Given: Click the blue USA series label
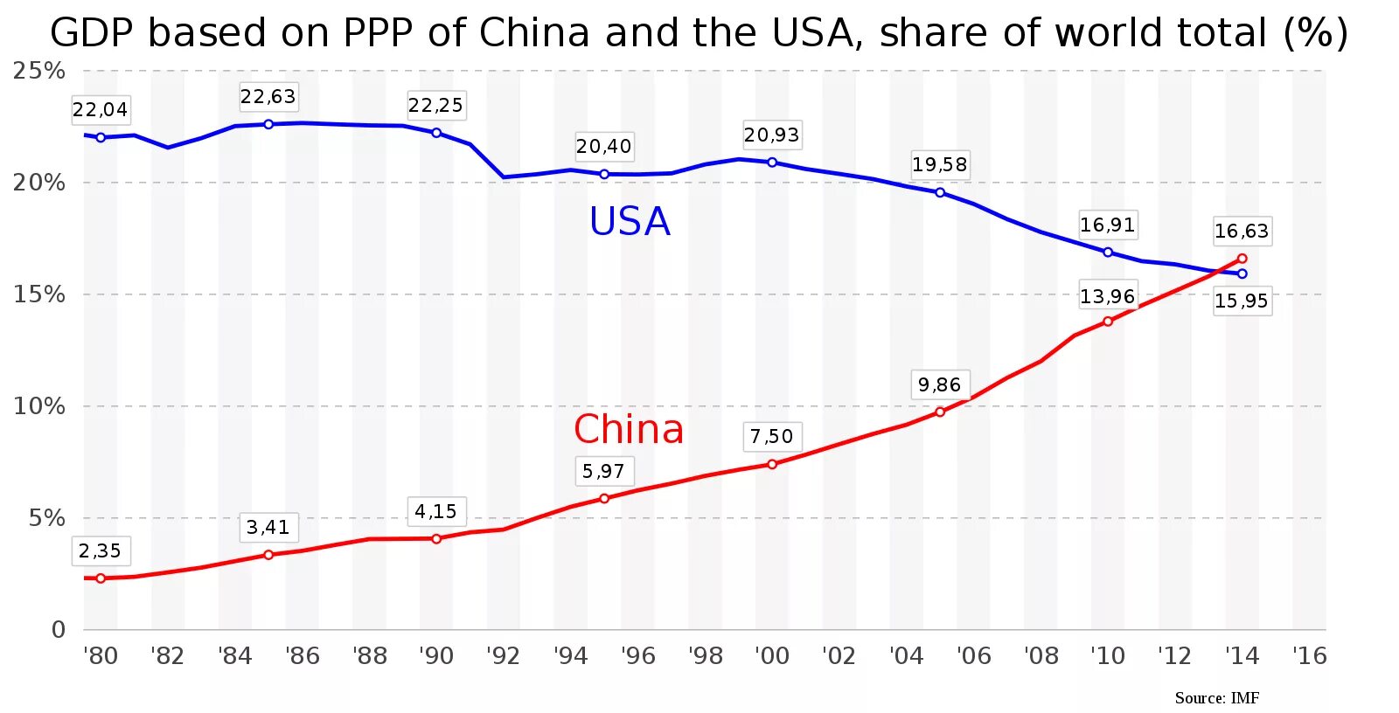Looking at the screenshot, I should click(630, 221).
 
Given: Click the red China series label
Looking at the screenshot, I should click(629, 429).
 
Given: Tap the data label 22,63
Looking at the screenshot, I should click(268, 96).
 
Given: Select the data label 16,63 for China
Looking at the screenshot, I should click(1241, 231).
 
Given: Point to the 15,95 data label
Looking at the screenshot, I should click(1241, 301).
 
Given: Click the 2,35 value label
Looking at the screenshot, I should click(101, 550).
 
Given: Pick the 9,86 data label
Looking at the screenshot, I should click(939, 384).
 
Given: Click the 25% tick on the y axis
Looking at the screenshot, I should click(39, 71).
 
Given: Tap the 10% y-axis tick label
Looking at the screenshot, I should click(39, 406).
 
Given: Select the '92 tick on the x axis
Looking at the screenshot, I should click(504, 655).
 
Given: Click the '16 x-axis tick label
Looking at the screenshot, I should click(1309, 655).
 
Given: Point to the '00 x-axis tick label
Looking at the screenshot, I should click(772, 655).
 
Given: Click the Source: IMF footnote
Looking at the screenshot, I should click(1216, 697).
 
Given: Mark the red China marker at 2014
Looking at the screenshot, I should click(1242, 259).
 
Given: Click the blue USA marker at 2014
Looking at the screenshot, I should click(1242, 273).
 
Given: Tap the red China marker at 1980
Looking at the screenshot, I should click(101, 578).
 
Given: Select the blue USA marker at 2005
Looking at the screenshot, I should click(940, 192).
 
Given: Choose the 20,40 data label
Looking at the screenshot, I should click(603, 146).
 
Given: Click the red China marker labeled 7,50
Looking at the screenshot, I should click(772, 464).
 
